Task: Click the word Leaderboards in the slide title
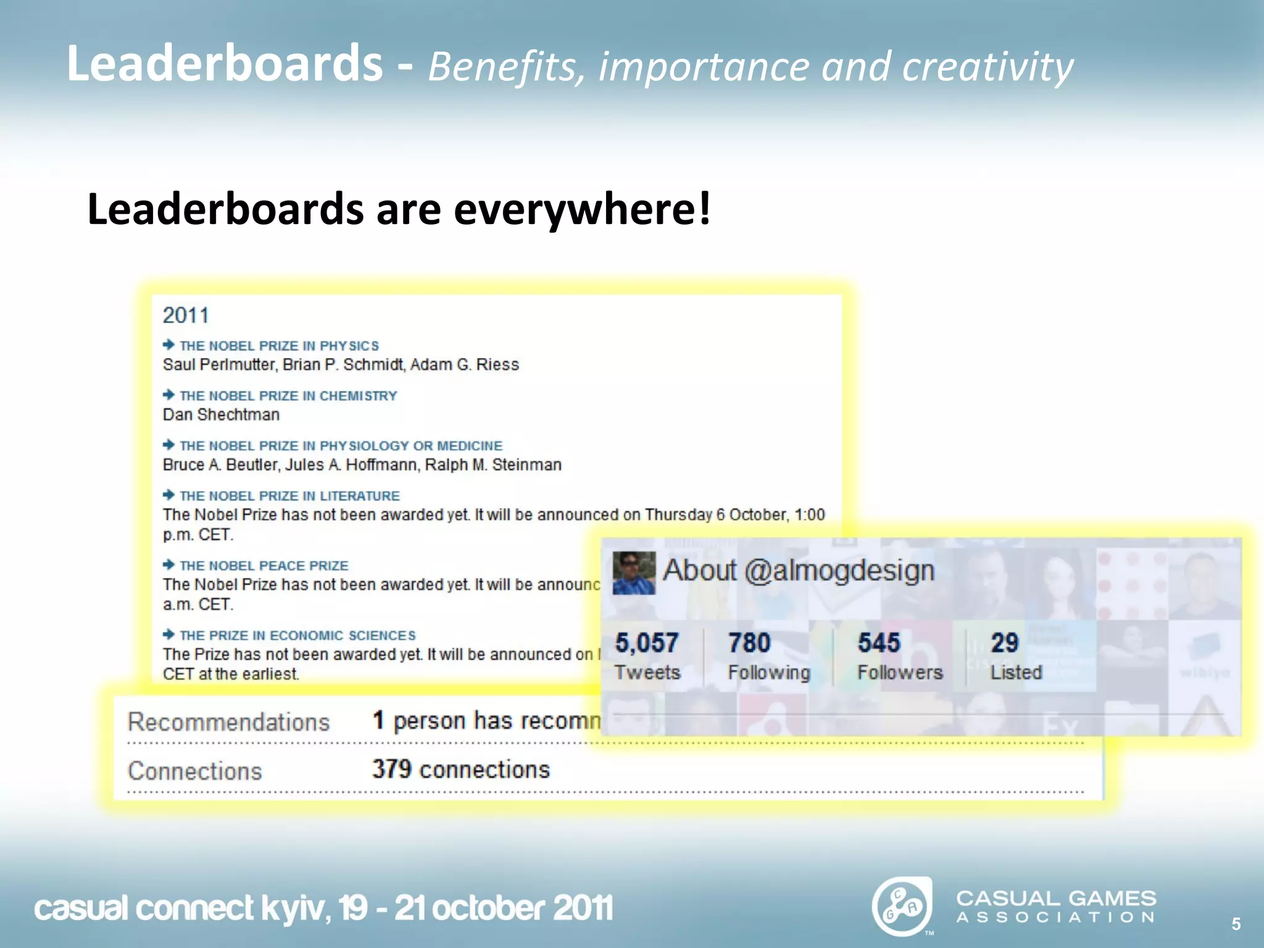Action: point(225,64)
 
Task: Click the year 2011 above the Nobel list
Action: point(186,315)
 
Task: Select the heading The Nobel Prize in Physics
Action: point(279,346)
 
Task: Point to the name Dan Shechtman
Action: point(221,415)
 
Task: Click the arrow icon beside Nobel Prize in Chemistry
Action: point(168,395)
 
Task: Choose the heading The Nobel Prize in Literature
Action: point(289,496)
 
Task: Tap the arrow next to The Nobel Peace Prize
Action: point(168,565)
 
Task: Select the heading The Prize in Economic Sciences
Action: point(297,636)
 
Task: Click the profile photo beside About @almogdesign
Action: point(633,573)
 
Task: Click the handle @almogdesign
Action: point(839,570)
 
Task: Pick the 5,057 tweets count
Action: point(646,643)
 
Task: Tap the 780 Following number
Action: point(749,643)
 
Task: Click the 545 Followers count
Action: point(879,643)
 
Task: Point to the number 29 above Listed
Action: point(1004,643)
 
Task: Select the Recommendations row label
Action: point(228,722)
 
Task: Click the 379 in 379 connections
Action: point(391,770)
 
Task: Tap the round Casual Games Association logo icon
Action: point(902,907)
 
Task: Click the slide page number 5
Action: point(1236,924)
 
